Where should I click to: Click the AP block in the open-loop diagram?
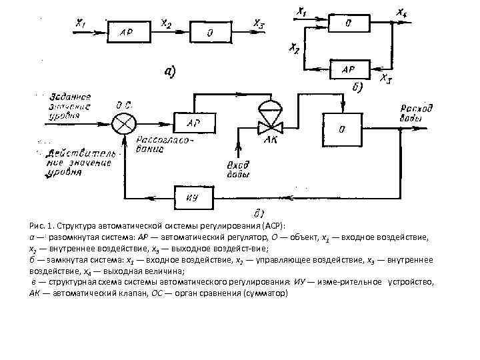tap(127, 31)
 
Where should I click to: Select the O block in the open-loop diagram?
tap(210, 31)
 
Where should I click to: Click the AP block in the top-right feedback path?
tap(349, 69)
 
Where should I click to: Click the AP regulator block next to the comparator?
tap(193, 123)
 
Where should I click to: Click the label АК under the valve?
tap(271, 141)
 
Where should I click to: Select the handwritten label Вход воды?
tap(239, 169)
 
